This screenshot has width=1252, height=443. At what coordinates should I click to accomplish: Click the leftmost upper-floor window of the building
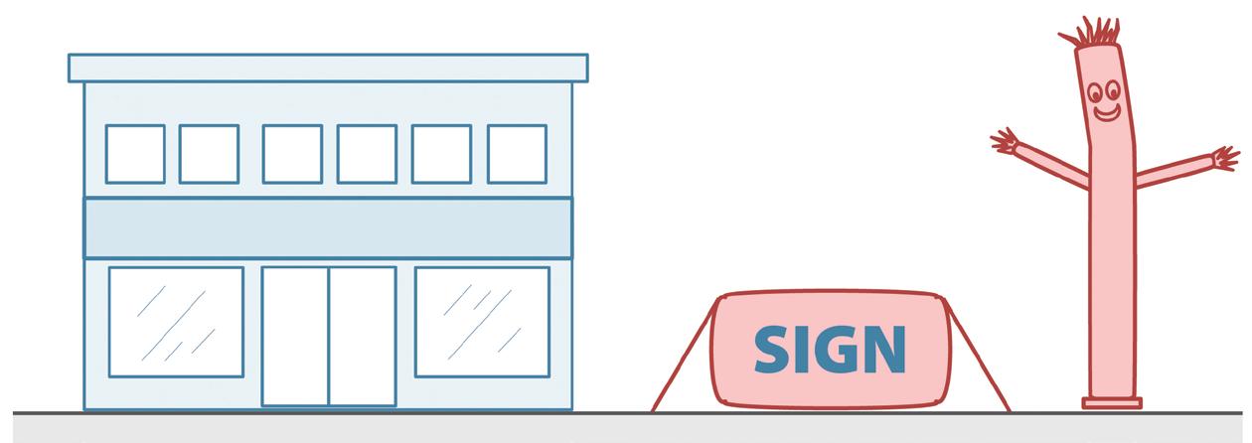click(135, 154)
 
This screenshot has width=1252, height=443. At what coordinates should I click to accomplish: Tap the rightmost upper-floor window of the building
click(517, 154)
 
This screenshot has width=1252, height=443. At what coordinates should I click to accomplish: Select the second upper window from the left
click(209, 154)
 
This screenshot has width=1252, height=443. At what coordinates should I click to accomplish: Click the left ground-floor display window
click(176, 322)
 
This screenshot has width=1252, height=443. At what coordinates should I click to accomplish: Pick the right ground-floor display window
click(482, 322)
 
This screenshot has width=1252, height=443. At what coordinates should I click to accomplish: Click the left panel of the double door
click(295, 336)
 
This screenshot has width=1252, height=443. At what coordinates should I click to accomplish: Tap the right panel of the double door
click(362, 336)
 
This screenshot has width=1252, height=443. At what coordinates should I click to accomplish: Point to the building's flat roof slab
click(328, 68)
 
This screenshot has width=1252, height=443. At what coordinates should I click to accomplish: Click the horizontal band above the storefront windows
click(328, 227)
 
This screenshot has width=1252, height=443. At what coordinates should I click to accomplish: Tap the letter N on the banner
click(883, 349)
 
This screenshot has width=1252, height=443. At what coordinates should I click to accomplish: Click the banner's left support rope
click(684, 358)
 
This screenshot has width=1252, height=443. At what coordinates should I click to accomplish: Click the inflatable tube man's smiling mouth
click(1106, 111)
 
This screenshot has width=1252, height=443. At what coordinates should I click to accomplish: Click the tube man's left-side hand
click(1006, 141)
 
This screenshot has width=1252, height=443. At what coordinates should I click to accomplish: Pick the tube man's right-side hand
click(1225, 157)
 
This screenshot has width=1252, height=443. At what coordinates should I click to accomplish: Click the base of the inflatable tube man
click(1112, 402)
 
